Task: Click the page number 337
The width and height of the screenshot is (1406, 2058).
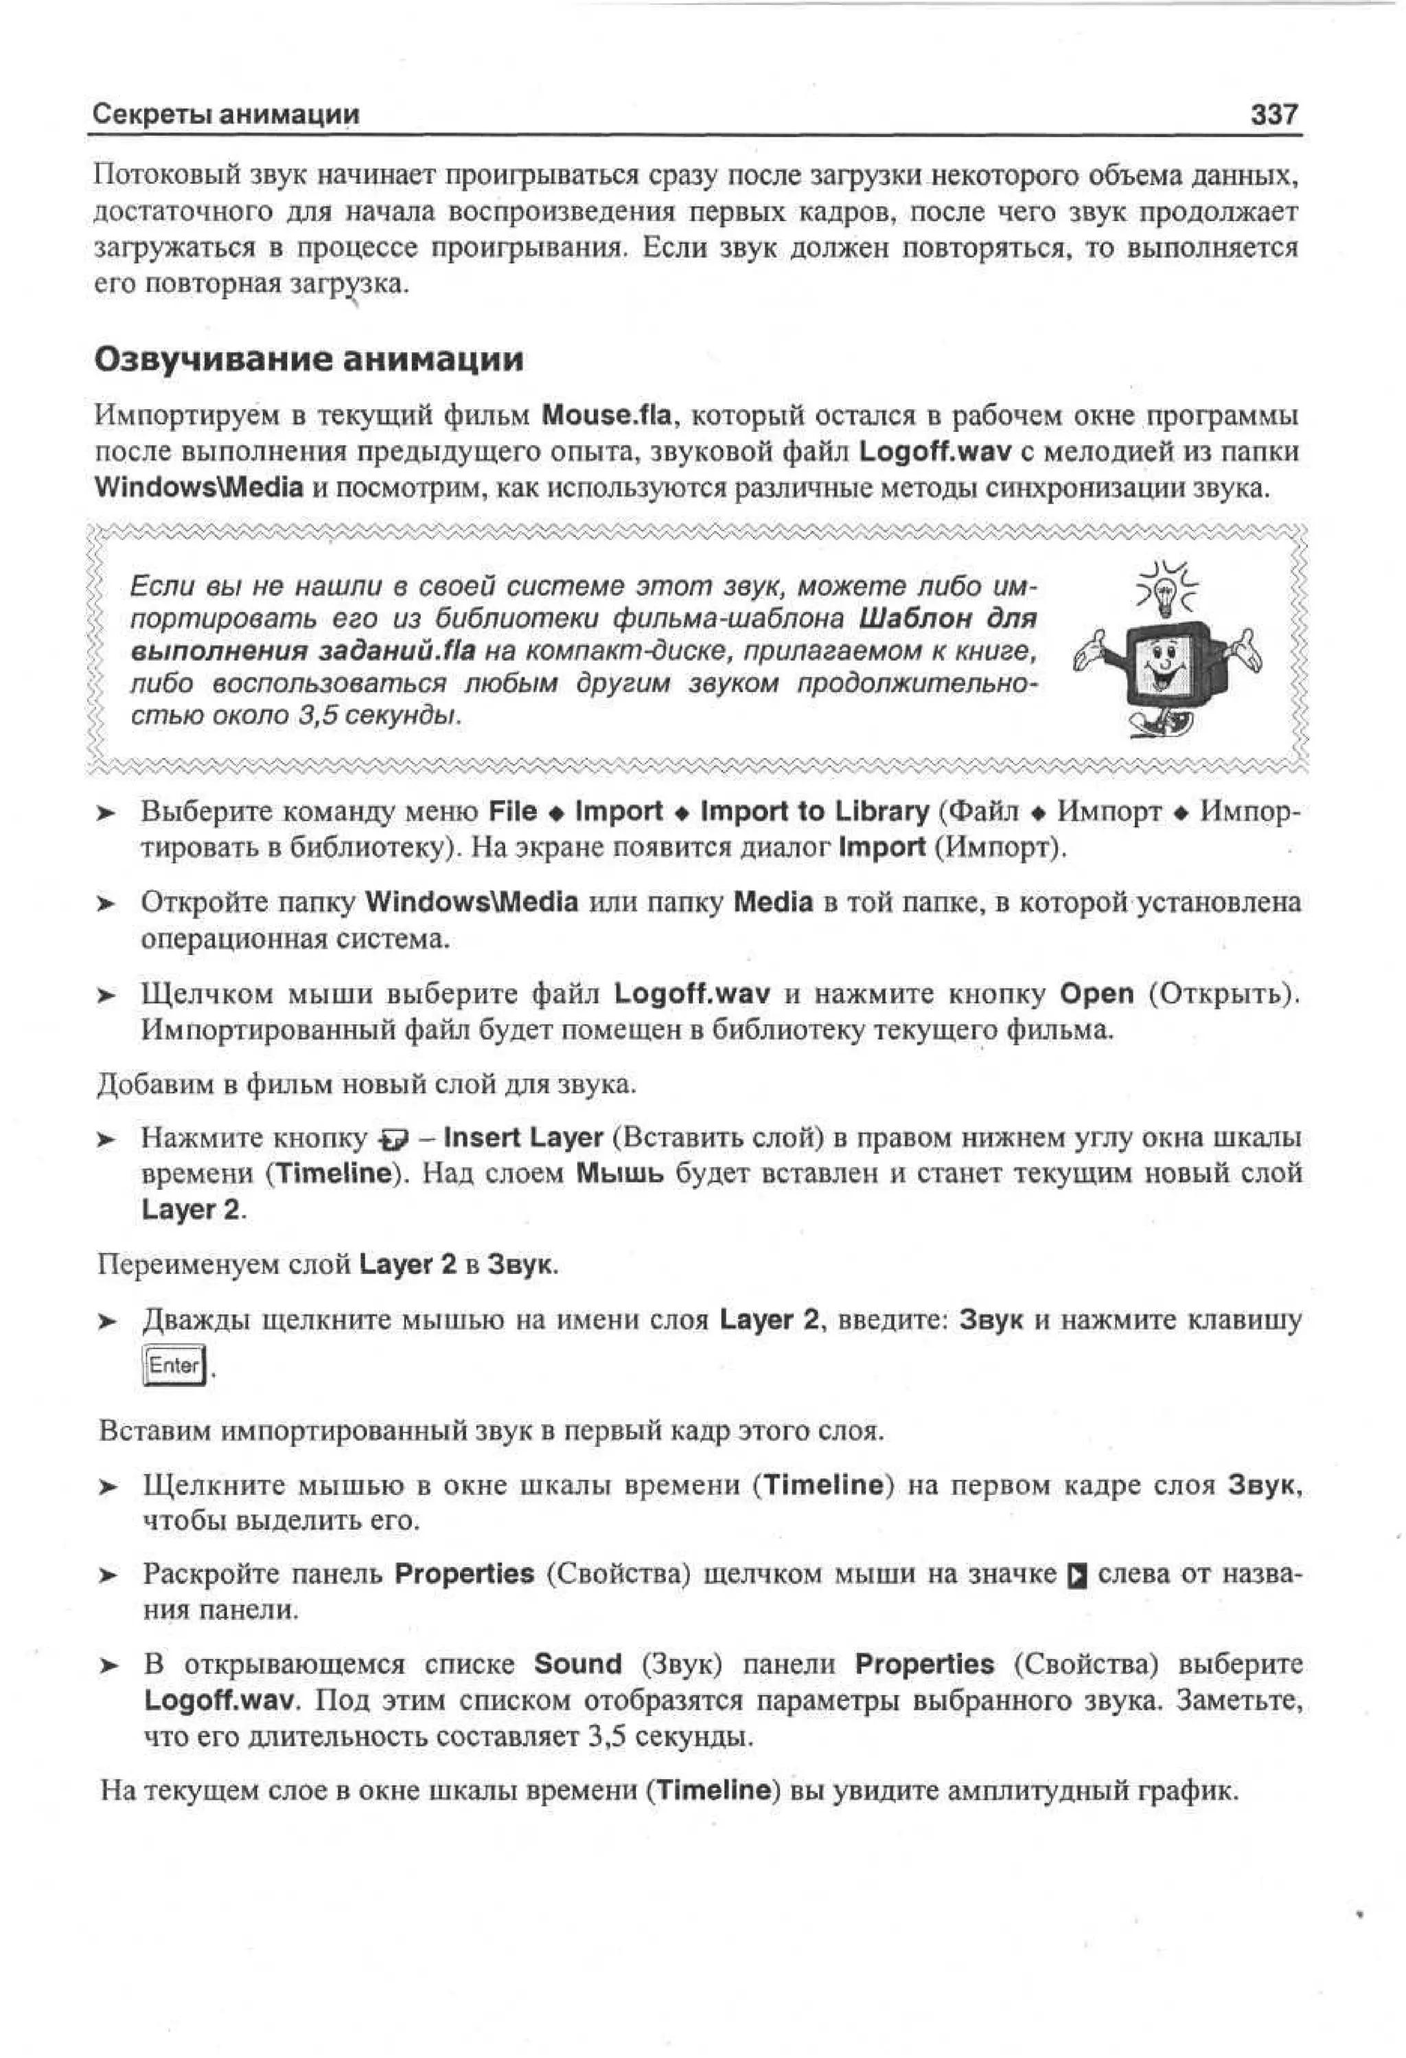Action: coord(1275,114)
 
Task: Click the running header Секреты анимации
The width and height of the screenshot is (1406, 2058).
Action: coord(227,114)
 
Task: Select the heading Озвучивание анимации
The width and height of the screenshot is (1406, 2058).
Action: coord(308,360)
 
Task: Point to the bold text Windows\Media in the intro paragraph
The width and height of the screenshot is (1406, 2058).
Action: coord(199,487)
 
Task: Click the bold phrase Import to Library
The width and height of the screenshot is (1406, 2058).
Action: coord(814,811)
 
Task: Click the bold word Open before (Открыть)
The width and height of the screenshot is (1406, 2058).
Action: coord(1097,994)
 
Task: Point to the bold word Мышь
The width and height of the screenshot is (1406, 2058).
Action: coord(620,1174)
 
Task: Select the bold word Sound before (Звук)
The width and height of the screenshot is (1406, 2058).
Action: coord(578,1664)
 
